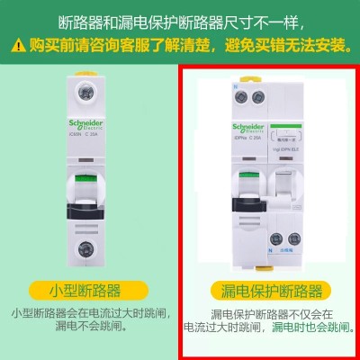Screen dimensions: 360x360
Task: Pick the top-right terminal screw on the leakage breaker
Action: click(261, 97)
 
